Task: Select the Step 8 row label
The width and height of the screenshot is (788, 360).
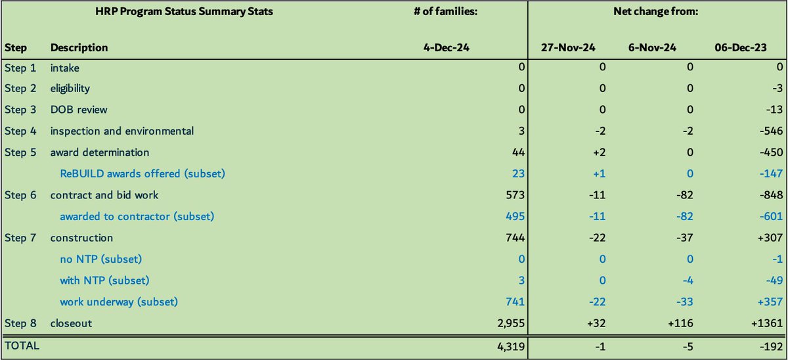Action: [20, 323]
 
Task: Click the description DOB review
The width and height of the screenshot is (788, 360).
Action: [79, 109]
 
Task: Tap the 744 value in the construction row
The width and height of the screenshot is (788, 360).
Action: [503, 238]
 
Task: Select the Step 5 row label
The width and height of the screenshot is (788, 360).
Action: [20, 152]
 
